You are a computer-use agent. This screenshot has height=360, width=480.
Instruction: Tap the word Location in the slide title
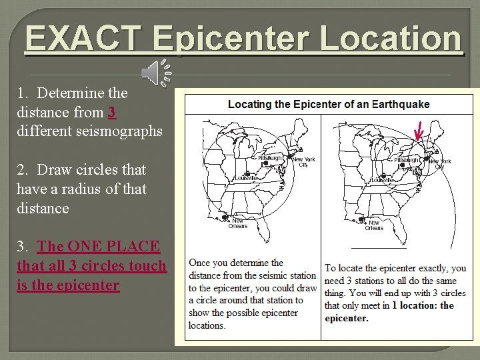pos(391,39)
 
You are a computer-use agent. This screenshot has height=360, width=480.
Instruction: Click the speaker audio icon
pos(159,72)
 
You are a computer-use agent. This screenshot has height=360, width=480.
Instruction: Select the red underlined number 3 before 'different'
pos(111,112)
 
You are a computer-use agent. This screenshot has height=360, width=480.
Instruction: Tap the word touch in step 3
pos(148,265)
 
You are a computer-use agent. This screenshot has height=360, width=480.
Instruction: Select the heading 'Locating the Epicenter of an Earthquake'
pos(329,104)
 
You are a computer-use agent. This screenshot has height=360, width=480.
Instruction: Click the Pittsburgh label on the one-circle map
pos(270,158)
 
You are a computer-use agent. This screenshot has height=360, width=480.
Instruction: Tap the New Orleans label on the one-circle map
pos(238,223)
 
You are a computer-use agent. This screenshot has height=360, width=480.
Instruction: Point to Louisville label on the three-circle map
pos(383,180)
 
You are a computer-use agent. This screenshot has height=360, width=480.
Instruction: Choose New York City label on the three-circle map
pos(439,164)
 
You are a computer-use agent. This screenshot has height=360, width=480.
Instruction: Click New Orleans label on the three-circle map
pos(374,225)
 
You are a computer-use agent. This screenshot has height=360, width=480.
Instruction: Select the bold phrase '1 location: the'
pos(423,305)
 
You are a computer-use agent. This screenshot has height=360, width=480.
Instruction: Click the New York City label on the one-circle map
pos(303,162)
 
